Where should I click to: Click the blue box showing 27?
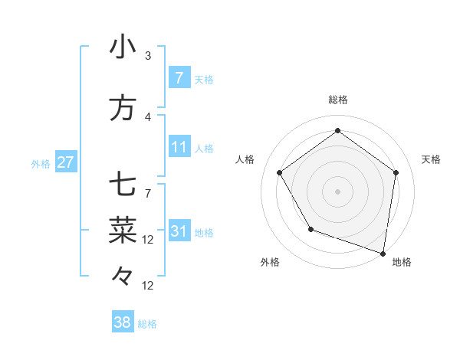coord(66,163)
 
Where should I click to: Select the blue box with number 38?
coord(123,323)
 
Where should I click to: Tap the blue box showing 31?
coord(179,231)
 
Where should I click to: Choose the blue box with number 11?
coord(179,147)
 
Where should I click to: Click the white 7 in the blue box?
coord(179,78)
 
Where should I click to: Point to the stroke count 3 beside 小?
coord(148,55)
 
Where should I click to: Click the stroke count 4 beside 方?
coord(148,117)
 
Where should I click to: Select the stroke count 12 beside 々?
coord(148,286)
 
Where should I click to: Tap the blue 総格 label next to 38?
coord(147,324)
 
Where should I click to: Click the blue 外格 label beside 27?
coord(41,164)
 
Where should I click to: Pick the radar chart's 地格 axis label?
coord(402,263)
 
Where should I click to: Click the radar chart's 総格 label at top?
coord(337,100)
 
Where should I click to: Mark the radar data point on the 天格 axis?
coord(396,172)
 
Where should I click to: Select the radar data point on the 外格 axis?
coord(310,229)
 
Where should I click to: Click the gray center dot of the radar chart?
coord(337,191)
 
